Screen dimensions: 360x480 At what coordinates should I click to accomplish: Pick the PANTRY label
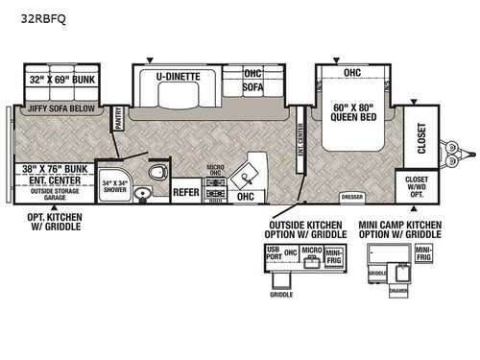tap(118, 117)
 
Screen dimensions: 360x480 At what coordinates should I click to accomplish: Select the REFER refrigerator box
tap(185, 191)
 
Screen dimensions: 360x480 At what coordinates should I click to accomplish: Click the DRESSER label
tap(351, 198)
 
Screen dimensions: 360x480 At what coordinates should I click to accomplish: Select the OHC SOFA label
tap(252, 79)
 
